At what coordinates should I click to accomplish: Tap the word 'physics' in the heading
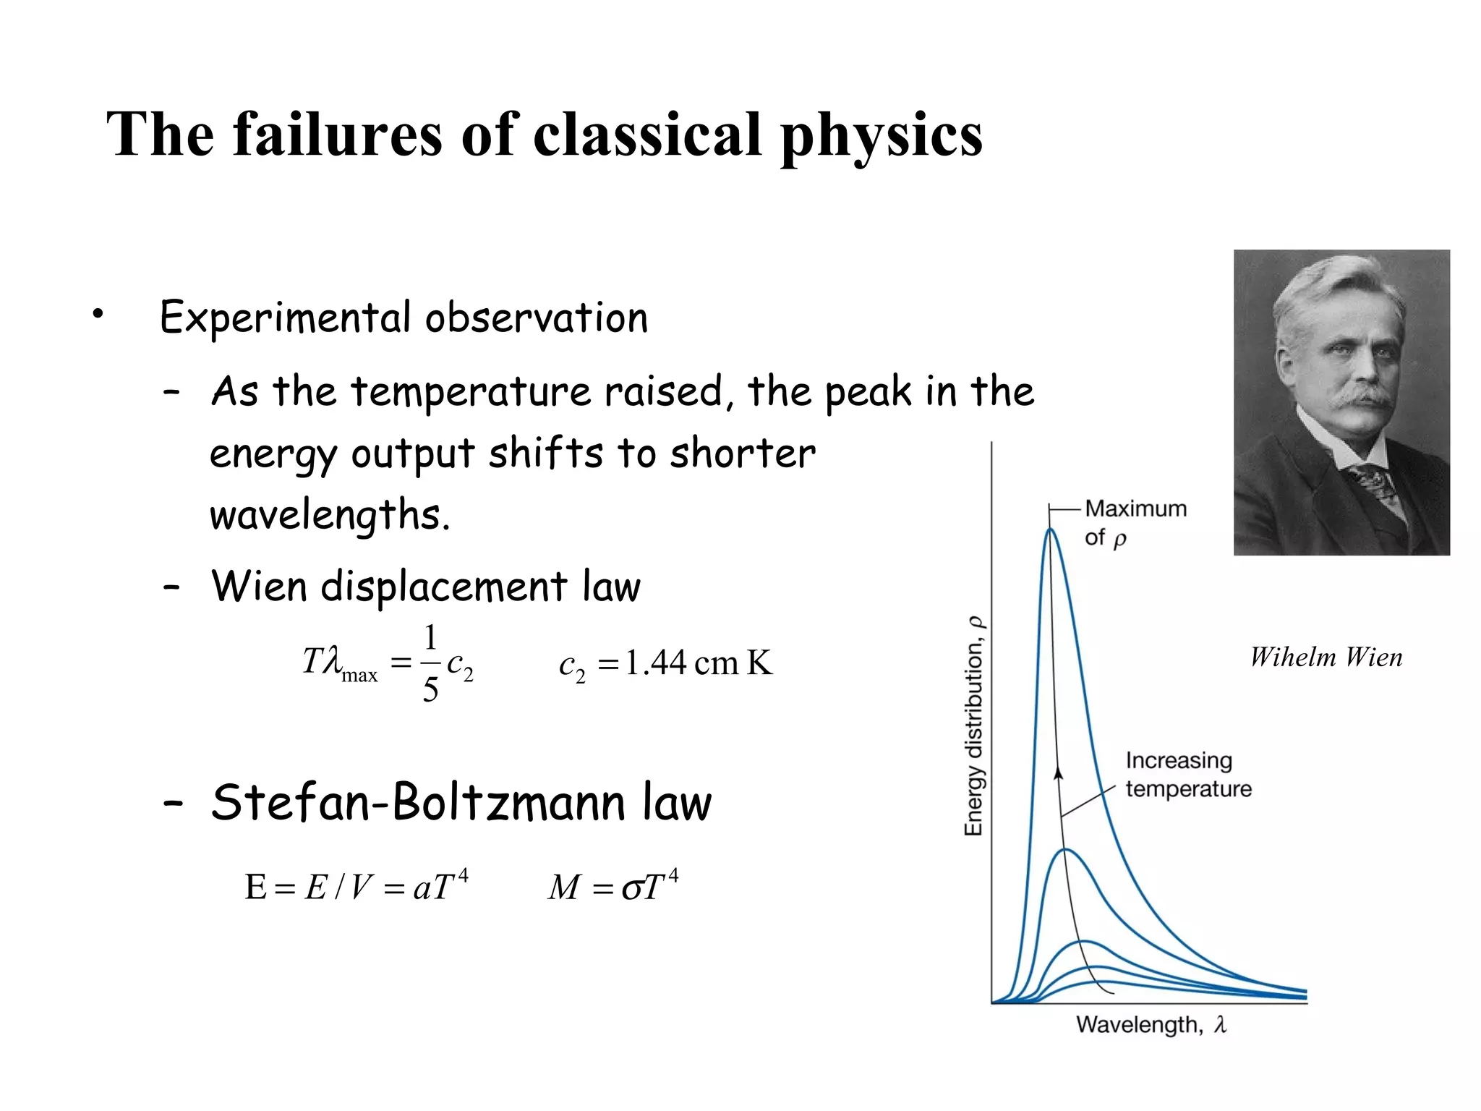[882, 136]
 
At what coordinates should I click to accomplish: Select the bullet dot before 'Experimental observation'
[98, 314]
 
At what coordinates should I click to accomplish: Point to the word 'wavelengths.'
[330, 516]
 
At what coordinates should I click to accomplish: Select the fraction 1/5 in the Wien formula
[430, 663]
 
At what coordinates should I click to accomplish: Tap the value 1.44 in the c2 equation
[655, 663]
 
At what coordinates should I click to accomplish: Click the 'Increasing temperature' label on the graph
[1187, 774]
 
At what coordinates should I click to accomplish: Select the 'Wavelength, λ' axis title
[1151, 1024]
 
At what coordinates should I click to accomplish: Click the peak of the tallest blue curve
[1051, 530]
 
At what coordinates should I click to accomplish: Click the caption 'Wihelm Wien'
[1326, 657]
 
